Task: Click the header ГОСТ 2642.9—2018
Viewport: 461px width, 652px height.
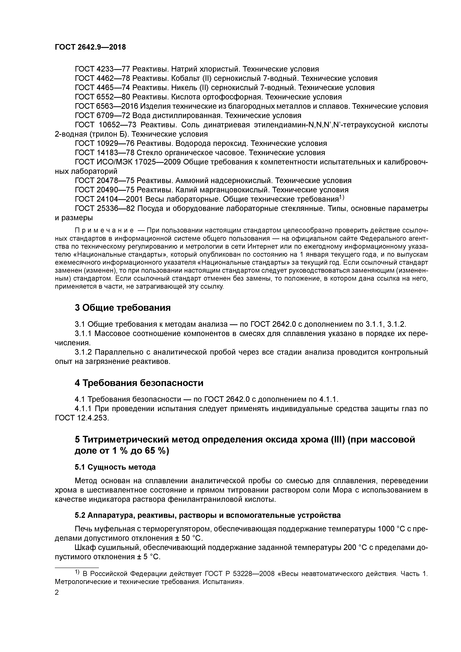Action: coord(90,47)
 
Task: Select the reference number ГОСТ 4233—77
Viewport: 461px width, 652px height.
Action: coord(103,69)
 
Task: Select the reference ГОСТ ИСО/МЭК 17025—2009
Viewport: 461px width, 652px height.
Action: coord(128,162)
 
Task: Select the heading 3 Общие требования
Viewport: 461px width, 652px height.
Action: coord(123,308)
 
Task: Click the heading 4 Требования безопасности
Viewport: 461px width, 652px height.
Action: coord(139,383)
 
